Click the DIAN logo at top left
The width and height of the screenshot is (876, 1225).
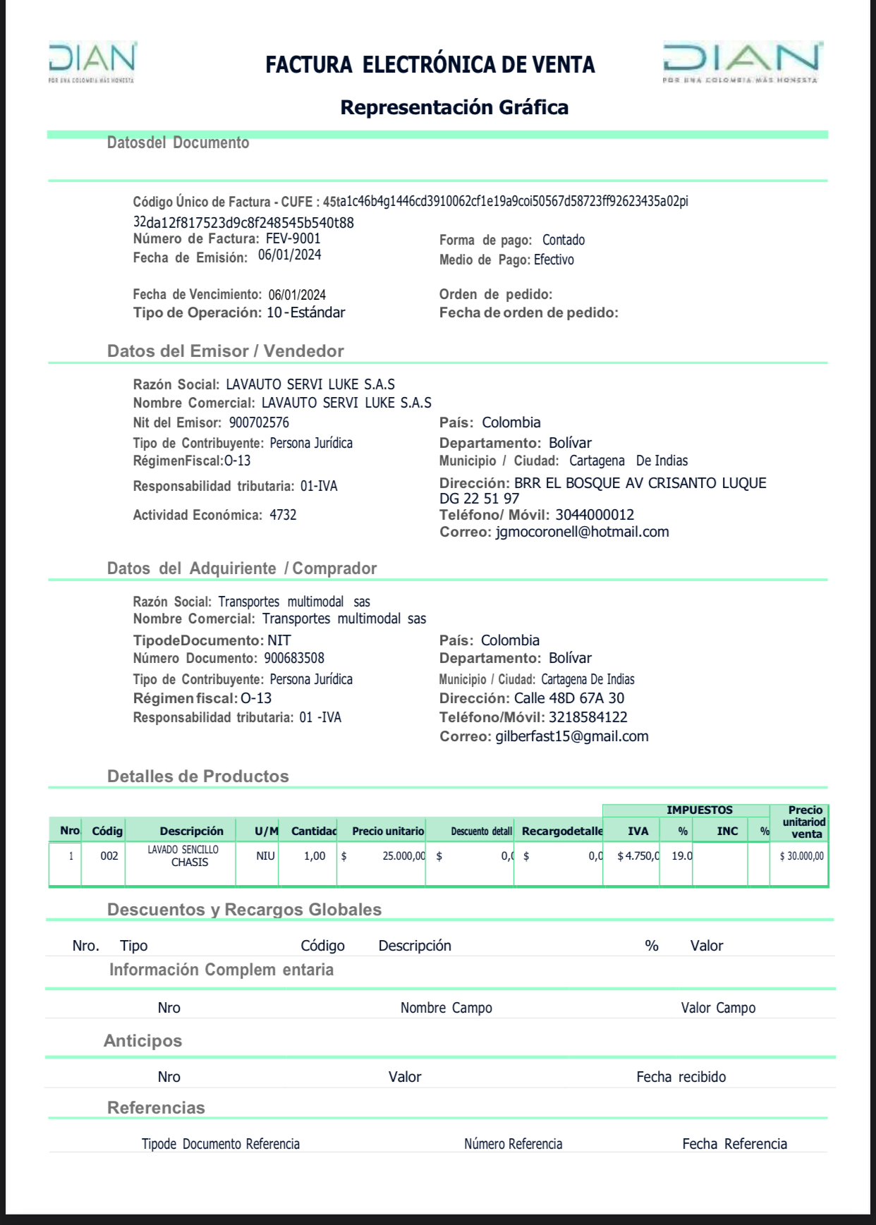pyautogui.click(x=92, y=61)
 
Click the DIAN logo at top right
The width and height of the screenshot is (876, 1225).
pyautogui.click(x=741, y=61)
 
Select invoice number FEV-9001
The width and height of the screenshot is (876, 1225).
pyautogui.click(x=293, y=238)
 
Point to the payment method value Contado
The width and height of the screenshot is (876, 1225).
pyautogui.click(x=563, y=240)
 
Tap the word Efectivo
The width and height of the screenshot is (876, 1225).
pyautogui.click(x=554, y=260)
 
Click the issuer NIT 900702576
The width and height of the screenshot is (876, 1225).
pyautogui.click(x=259, y=422)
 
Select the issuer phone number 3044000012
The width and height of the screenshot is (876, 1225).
pyautogui.click(x=595, y=515)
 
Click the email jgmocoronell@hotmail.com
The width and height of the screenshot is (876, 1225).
pyautogui.click(x=582, y=532)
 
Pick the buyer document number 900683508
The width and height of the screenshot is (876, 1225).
pyautogui.click(x=294, y=658)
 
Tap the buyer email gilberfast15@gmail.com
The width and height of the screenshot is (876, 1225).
pyautogui.click(x=571, y=736)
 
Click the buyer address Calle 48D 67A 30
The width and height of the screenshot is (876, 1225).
pyautogui.click(x=568, y=698)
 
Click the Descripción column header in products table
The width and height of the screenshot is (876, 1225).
pyautogui.click(x=191, y=831)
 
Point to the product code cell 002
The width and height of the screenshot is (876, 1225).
pyautogui.click(x=109, y=856)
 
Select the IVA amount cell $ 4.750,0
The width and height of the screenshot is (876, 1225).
pyautogui.click(x=638, y=856)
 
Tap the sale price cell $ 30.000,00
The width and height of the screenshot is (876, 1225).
pyautogui.click(x=801, y=856)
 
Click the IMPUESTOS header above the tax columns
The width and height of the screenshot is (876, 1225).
pyautogui.click(x=699, y=810)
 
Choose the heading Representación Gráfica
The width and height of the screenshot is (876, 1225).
pyautogui.click(x=454, y=107)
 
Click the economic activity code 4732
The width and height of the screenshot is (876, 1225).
pyautogui.click(x=283, y=515)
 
